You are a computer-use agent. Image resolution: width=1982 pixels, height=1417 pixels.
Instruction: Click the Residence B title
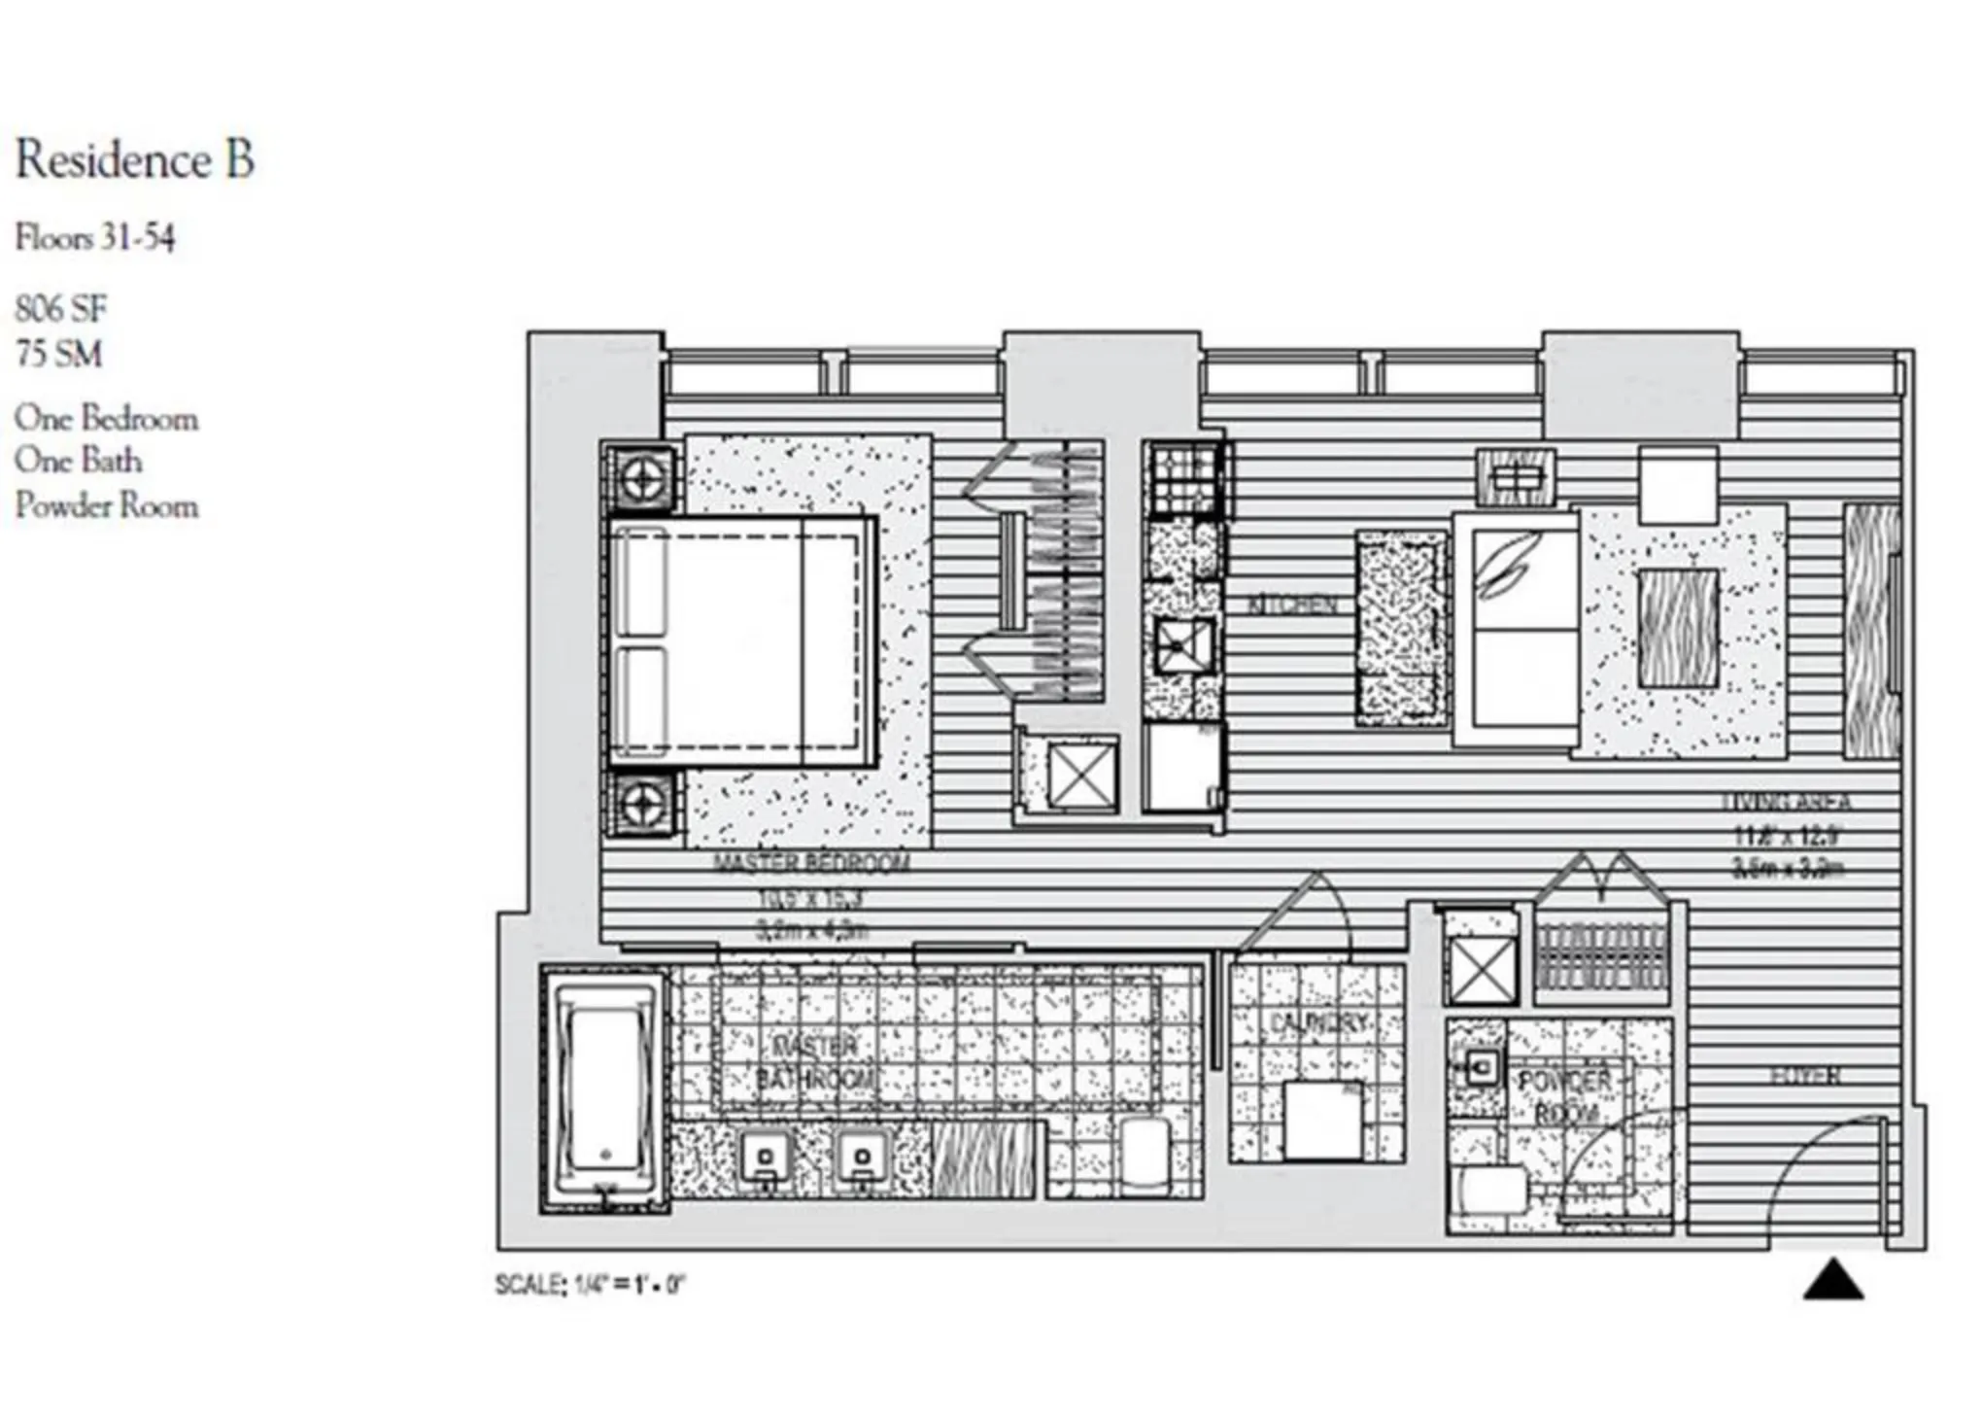click(x=135, y=160)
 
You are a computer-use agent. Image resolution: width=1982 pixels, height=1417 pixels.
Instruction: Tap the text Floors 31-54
click(x=94, y=238)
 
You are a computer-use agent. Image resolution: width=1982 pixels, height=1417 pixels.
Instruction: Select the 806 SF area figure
click(x=60, y=309)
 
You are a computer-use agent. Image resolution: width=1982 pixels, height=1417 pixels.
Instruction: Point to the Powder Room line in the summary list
click(x=106, y=505)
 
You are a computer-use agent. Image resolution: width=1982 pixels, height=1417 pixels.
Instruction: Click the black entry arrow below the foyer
click(x=1832, y=1280)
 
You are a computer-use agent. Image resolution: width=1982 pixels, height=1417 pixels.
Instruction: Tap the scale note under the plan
click(x=590, y=1285)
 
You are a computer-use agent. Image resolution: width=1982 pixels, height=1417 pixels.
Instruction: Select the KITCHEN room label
click(x=1291, y=605)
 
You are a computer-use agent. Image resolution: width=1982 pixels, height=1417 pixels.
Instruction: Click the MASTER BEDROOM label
click(x=811, y=863)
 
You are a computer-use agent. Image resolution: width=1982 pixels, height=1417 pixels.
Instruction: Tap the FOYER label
click(x=1805, y=1076)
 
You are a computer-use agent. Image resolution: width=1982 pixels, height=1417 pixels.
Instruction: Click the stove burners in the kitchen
click(x=1184, y=478)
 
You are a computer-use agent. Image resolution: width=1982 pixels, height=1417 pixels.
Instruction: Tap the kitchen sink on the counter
click(x=1183, y=644)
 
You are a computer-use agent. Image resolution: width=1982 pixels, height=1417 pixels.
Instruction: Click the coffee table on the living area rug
click(x=1678, y=627)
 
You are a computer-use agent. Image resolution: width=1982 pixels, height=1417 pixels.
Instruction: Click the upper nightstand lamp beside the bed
click(x=641, y=478)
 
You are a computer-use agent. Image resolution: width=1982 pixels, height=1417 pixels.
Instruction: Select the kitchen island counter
click(x=1399, y=627)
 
